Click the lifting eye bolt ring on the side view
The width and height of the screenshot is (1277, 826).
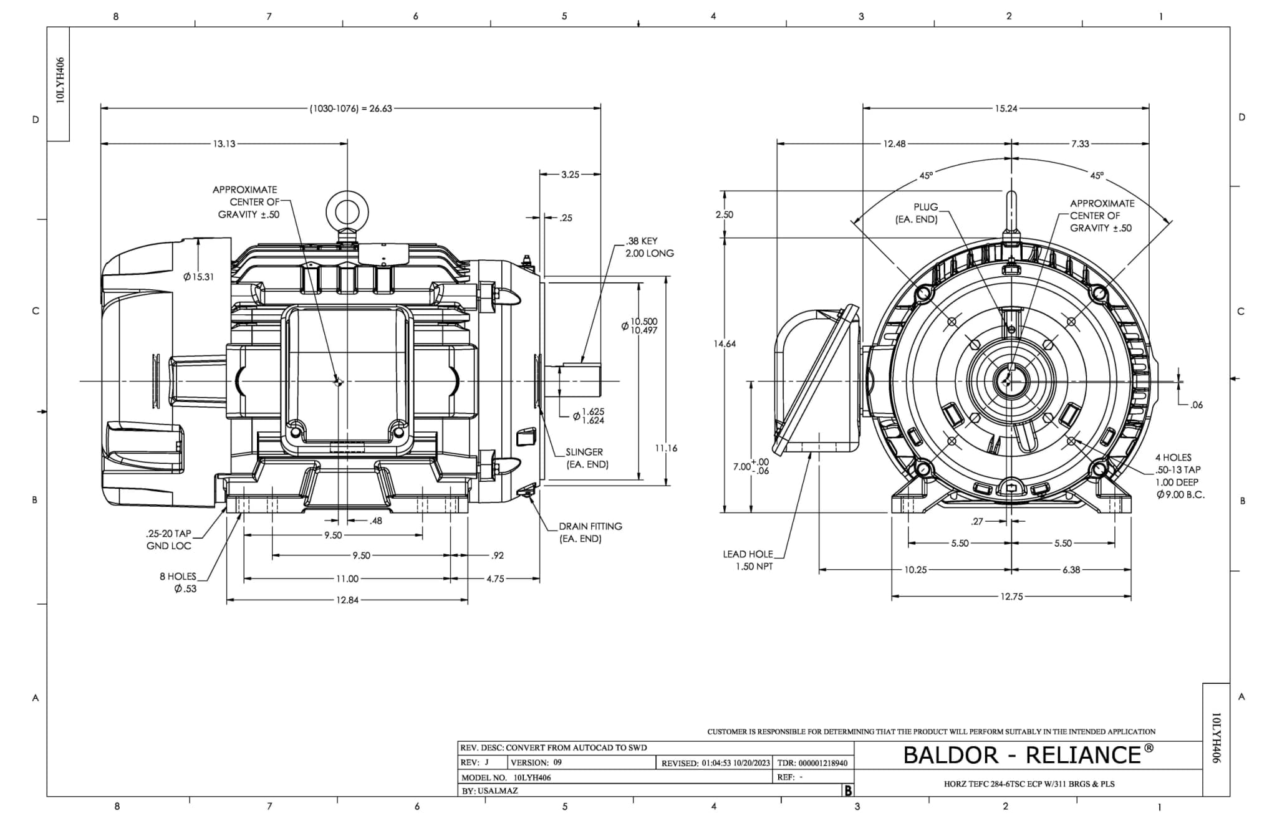(347, 211)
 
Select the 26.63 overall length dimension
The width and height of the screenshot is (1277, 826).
(351, 108)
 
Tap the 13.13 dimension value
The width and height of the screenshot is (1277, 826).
(224, 144)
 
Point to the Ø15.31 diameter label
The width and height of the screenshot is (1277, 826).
(198, 277)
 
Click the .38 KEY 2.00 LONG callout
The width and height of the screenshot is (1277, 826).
(649, 247)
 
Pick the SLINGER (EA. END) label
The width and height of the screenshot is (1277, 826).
(586, 458)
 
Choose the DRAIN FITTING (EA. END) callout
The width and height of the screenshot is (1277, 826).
(590, 532)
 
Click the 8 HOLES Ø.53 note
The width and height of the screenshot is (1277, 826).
(178, 582)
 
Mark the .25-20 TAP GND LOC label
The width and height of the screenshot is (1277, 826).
(168, 540)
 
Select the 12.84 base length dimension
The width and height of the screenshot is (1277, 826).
(347, 600)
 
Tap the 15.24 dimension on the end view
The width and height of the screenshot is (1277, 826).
(1005, 108)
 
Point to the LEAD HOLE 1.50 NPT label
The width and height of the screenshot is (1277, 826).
(748, 560)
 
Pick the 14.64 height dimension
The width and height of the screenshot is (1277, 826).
(725, 343)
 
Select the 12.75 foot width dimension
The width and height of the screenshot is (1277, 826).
(1011, 597)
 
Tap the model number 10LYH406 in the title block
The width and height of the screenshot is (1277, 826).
(532, 777)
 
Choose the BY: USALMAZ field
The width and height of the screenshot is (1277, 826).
(489, 790)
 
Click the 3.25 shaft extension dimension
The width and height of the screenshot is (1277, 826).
(570, 175)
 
